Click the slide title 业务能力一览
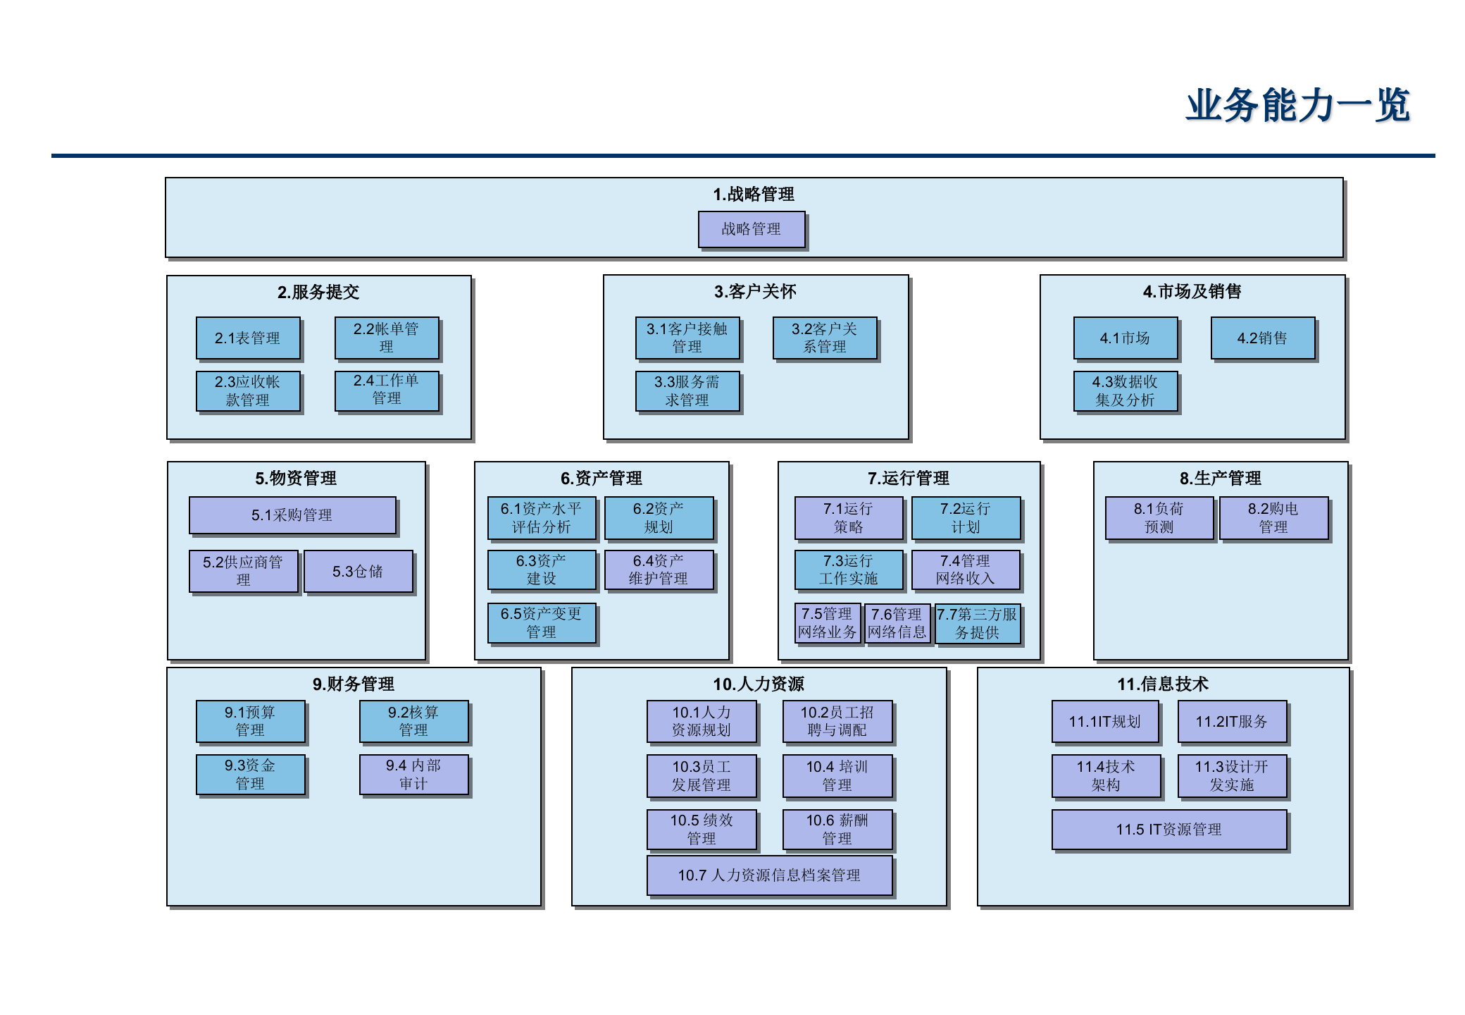[1297, 106]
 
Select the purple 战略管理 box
[751, 229]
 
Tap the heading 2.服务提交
[318, 292]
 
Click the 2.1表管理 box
[248, 338]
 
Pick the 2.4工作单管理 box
[387, 390]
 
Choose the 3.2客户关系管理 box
[825, 338]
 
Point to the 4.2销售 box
[1262, 338]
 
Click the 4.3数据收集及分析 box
[1125, 391]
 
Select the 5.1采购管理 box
[292, 515]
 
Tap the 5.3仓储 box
[358, 572]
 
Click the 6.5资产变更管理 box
[541, 623]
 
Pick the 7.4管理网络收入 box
[965, 570]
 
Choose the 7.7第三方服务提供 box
[977, 624]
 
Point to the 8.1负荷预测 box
[1159, 518]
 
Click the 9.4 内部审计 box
[413, 775]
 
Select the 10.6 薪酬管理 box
[837, 830]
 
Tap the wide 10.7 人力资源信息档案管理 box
[768, 875]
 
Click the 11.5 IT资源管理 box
[1168, 830]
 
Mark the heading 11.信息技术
[1162, 684]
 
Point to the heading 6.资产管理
[601, 478]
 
